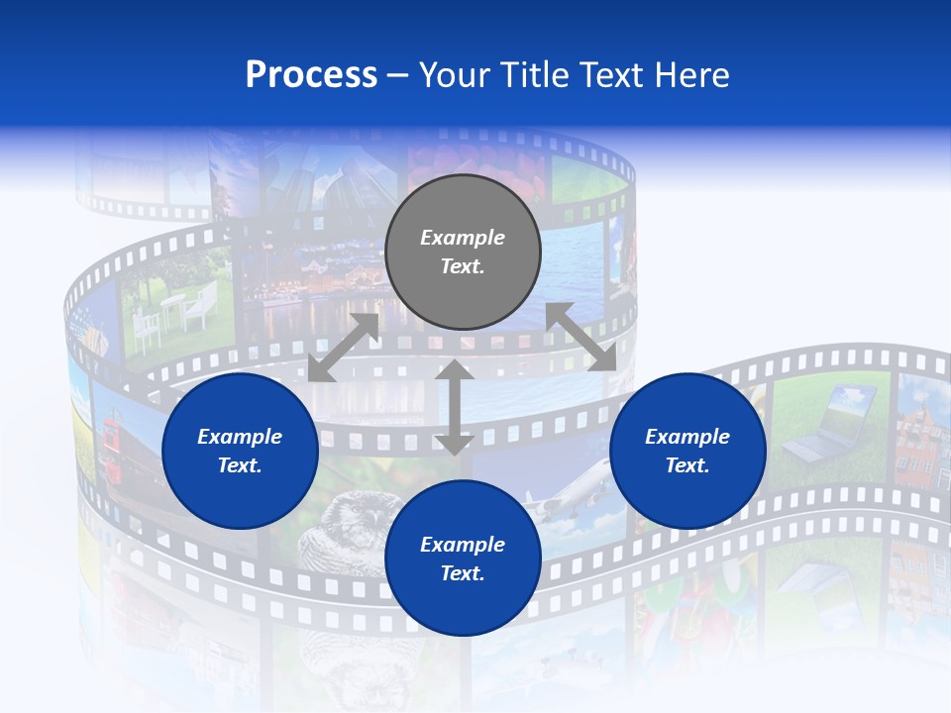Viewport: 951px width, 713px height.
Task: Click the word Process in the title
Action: click(x=311, y=75)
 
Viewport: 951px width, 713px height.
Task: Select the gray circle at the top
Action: click(x=463, y=252)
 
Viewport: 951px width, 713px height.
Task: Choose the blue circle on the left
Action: click(x=240, y=451)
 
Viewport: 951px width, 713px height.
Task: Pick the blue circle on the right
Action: click(x=687, y=451)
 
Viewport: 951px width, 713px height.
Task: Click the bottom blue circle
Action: click(x=463, y=558)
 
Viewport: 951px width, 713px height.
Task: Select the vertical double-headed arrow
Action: click(x=454, y=406)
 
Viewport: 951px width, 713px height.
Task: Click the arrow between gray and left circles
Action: click(x=343, y=348)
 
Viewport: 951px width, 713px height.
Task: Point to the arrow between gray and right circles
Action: click(x=581, y=337)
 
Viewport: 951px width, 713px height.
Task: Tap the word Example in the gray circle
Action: click(x=463, y=238)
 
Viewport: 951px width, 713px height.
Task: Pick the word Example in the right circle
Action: click(x=687, y=437)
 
